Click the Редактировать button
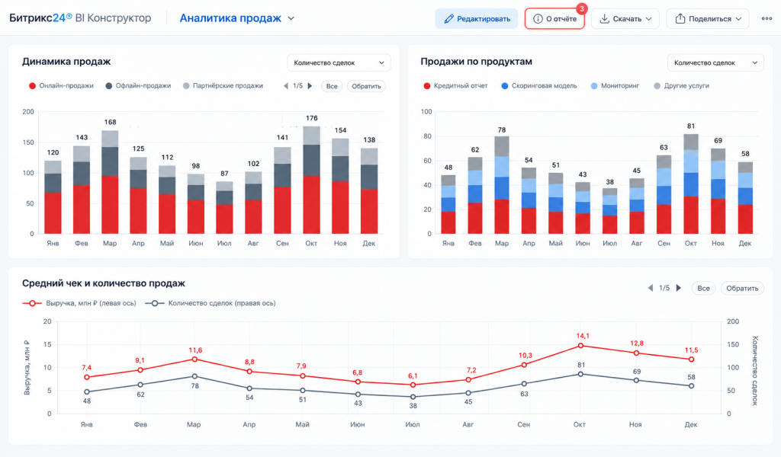476,19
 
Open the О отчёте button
554,19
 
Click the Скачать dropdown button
625,19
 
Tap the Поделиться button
707,19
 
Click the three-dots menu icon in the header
767,19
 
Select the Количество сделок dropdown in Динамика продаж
339,62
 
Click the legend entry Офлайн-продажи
138,85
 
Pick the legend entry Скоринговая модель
539,85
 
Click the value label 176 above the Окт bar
311,118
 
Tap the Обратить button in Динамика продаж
366,86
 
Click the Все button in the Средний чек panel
703,288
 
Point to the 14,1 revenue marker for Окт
580,346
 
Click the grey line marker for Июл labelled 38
413,397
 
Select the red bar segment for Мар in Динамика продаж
110,204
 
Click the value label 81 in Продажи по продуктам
690,126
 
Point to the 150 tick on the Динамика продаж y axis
28,142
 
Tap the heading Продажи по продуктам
476,62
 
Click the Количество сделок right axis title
755,371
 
